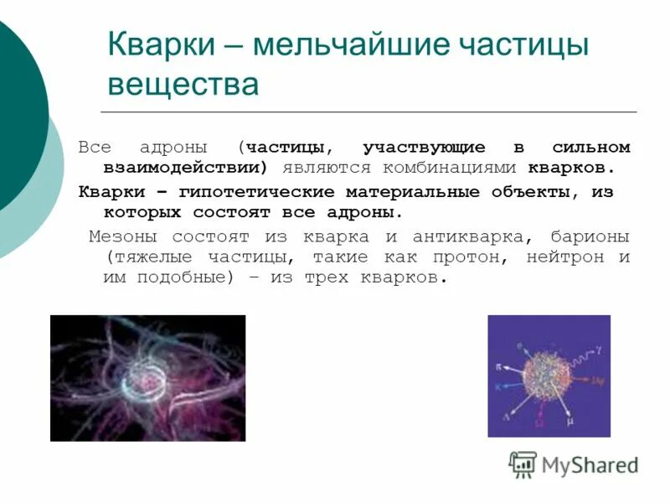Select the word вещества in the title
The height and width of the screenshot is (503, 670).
183,85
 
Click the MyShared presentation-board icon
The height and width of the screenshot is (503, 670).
523,464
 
